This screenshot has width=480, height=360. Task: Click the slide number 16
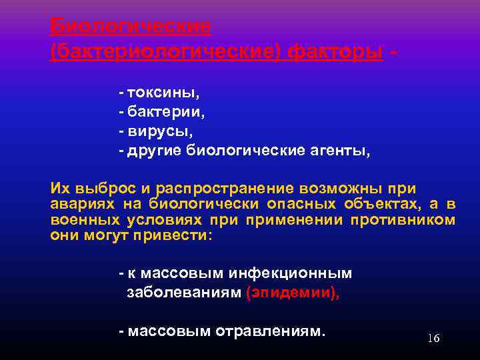(433, 338)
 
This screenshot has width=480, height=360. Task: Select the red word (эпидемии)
(292, 294)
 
